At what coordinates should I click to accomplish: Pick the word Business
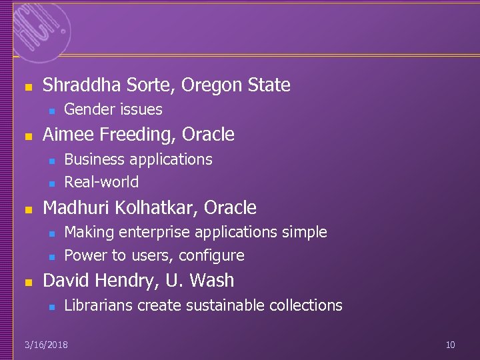click(93, 159)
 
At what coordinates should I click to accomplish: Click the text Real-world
click(101, 182)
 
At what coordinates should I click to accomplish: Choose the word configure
click(211, 255)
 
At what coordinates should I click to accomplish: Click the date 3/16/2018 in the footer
click(45, 345)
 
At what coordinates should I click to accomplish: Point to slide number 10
click(450, 345)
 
